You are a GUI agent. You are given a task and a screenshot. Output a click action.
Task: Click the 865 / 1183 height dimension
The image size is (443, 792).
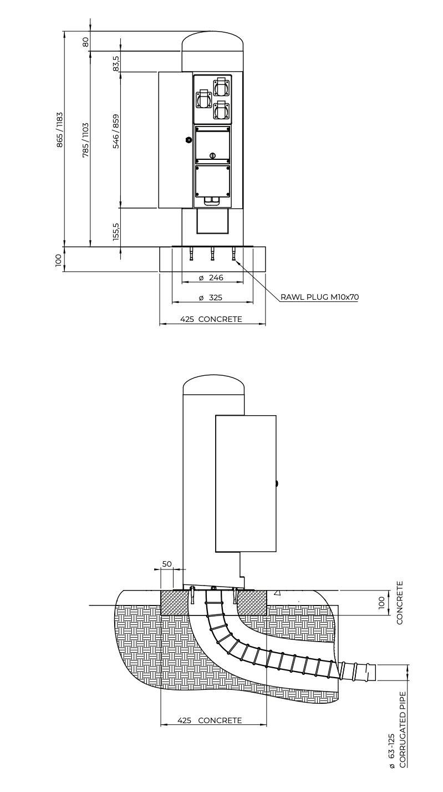(60, 130)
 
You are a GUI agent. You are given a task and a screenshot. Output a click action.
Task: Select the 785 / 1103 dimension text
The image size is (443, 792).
(85, 140)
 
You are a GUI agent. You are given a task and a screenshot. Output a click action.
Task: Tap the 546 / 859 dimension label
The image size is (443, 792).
(115, 131)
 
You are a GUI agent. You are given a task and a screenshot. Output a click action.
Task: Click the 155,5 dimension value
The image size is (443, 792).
(116, 232)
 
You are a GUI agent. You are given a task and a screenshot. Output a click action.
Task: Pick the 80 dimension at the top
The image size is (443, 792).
(85, 42)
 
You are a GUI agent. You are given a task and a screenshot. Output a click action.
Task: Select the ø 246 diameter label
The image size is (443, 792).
(211, 278)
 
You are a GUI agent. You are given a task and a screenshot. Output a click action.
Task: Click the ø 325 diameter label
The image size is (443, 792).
(211, 297)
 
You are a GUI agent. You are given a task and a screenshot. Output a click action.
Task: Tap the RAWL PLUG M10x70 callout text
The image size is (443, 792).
(320, 297)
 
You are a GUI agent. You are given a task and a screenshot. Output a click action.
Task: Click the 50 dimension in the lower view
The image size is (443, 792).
(167, 564)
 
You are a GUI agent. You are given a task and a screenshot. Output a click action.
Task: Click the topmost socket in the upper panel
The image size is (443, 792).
(221, 86)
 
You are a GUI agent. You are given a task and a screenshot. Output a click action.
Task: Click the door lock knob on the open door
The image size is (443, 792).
(188, 140)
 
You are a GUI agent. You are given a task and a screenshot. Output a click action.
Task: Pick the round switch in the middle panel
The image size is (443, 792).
(212, 155)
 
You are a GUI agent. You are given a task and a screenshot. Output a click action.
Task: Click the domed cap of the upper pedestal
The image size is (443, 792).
(213, 42)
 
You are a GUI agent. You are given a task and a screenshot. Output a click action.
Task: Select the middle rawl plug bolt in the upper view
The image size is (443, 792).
(212, 254)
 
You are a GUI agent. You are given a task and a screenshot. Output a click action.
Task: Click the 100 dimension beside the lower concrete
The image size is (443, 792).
(381, 603)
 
